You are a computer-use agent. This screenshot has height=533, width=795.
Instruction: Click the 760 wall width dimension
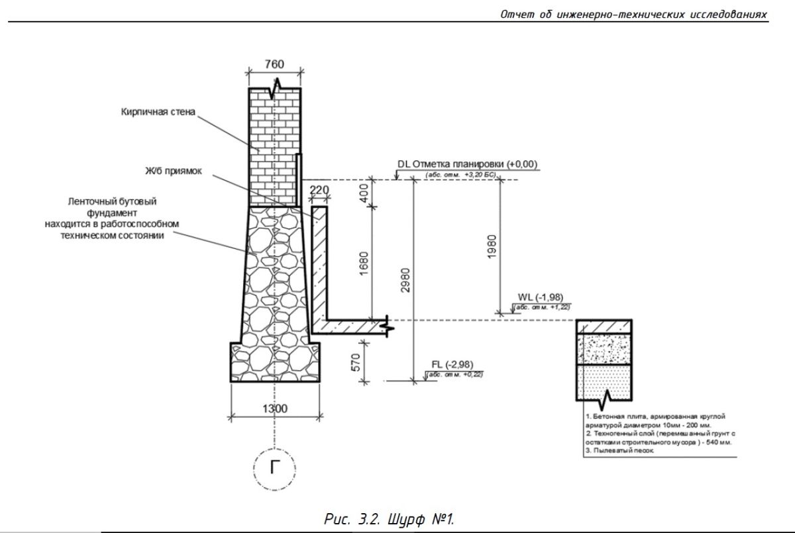click(x=274, y=64)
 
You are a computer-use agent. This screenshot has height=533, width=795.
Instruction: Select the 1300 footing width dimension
click(x=274, y=409)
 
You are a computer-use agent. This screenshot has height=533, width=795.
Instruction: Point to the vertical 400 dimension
click(x=364, y=193)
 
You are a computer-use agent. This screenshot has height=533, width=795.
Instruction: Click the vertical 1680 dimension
click(x=364, y=263)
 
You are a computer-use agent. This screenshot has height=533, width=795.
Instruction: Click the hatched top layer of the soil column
click(x=606, y=327)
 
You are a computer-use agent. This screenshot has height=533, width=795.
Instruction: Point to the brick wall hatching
click(x=274, y=146)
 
